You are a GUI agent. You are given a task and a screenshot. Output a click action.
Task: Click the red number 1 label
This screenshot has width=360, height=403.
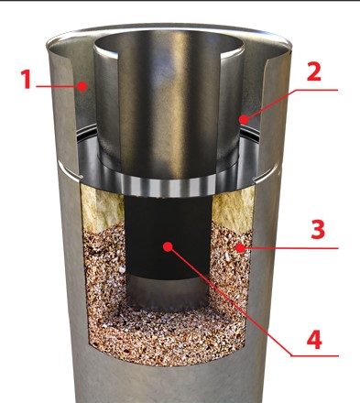pos(27,79)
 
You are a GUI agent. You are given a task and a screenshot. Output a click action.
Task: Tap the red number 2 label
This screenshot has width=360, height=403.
pos(313,71)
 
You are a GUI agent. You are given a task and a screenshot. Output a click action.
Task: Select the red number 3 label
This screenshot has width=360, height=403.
pos(318,230)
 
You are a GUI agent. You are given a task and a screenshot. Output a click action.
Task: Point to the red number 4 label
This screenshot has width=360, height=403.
pos(314,340)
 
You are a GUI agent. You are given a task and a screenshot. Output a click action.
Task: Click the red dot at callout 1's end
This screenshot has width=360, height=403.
pos(82,86)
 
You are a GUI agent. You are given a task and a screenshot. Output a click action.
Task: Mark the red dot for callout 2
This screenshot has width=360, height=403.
pos(244,119)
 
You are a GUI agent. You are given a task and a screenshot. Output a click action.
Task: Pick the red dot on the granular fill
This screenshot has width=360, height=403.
pos(241,248)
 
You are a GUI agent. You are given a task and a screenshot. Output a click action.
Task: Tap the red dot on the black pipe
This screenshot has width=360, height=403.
pos(168,246)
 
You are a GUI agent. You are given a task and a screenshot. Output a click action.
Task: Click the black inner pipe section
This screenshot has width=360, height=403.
pos(169,236)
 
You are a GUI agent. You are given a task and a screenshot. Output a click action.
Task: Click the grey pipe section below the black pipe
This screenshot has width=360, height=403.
pos(168,292)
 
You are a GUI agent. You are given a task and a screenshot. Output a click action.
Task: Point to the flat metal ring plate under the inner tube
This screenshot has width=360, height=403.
pos(168,180)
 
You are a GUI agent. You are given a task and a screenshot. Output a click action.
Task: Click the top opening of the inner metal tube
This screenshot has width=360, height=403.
pos(169,47)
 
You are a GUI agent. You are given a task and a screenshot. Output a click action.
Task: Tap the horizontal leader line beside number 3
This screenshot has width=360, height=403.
pos(291,248)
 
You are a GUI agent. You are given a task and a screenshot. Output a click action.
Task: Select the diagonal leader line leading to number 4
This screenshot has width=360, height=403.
pos(231,301)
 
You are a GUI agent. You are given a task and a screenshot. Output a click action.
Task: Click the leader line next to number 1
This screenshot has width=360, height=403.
pos(57,86)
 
